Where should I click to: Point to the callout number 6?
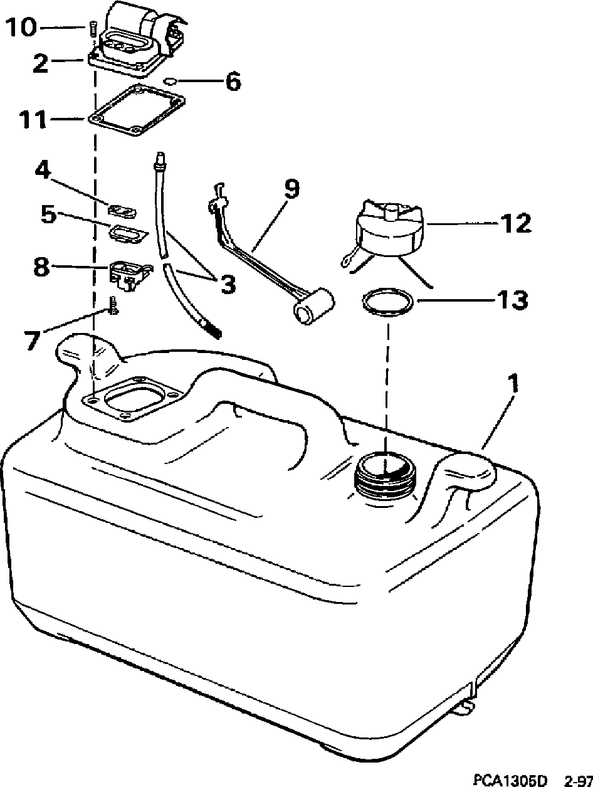pos(233,82)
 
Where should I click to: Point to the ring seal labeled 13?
pos(388,303)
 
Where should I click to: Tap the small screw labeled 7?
pos(113,307)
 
